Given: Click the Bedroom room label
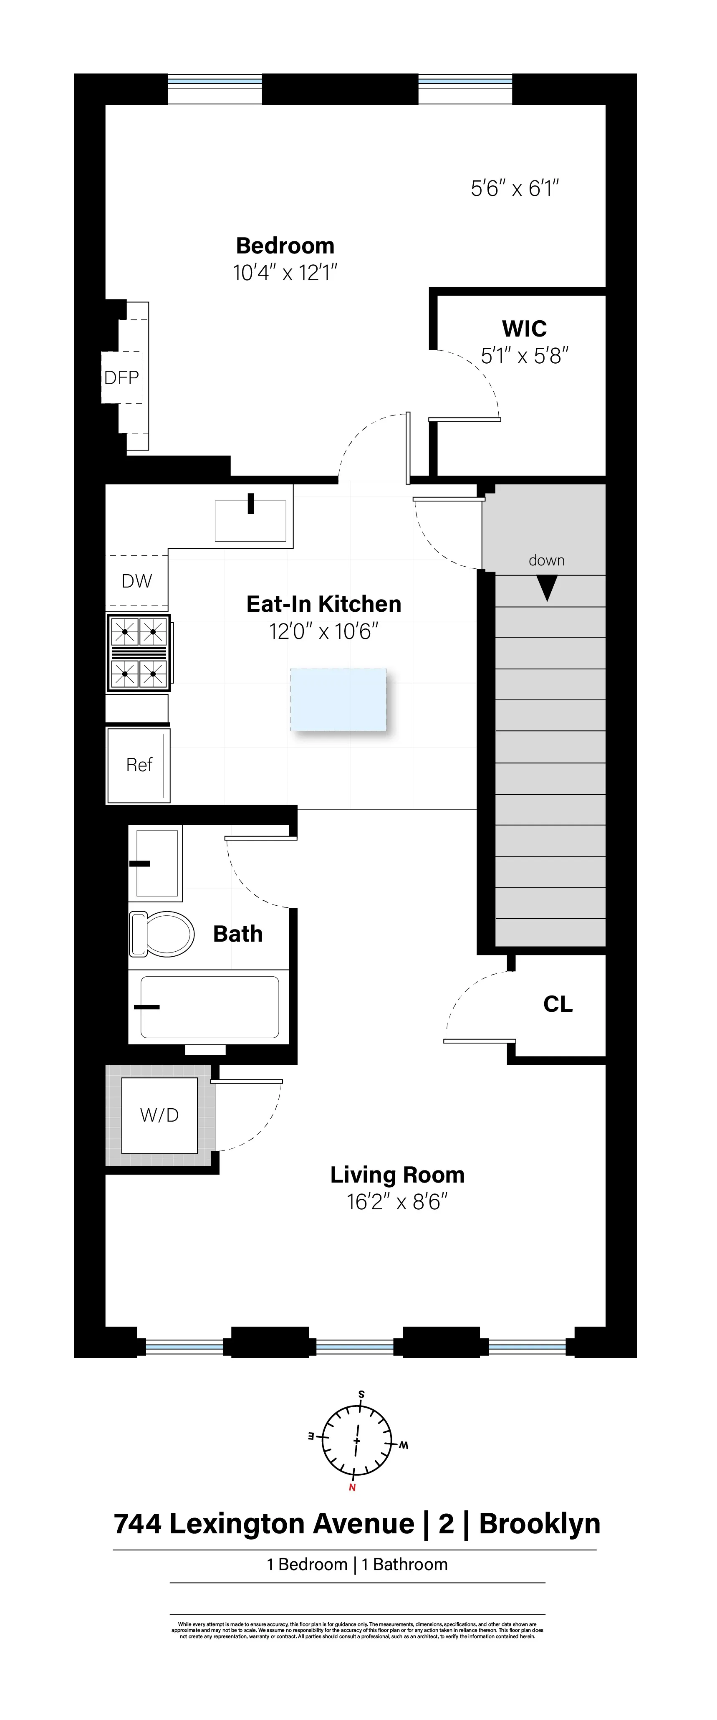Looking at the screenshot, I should coord(285,246).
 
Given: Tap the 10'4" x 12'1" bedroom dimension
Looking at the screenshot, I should coord(285,273).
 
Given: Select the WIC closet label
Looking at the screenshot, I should coord(524,329).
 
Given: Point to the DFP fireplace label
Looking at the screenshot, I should coord(121,378).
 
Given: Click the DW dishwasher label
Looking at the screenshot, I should coord(137,581).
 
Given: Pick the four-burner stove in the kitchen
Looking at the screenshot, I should coord(139,652).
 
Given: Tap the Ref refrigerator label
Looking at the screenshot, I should coord(139,765).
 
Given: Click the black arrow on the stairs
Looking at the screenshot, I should coord(547,588).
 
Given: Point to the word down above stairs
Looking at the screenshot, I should coord(547,560).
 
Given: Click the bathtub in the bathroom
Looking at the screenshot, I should coord(209,1007).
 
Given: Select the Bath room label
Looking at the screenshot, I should coord(237,933).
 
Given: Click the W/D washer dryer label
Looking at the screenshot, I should coord(159,1115).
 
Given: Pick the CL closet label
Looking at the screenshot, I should coord(558,1004).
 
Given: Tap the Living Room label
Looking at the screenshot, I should coord(397,1175).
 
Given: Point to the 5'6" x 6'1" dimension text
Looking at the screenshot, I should coord(515,189).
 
